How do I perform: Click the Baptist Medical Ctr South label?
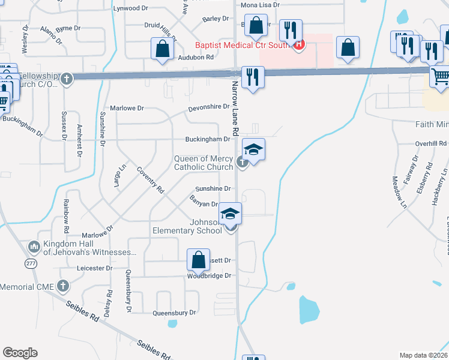point(242,44)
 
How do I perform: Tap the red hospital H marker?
point(299,44)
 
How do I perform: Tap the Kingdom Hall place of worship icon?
point(34,246)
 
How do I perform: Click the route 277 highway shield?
point(31,263)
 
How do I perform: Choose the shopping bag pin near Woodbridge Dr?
point(198,260)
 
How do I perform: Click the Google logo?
point(20,352)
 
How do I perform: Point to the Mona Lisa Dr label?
point(260,5)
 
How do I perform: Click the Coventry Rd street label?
point(150,179)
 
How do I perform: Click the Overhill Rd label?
point(431,144)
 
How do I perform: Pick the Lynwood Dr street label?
point(130,8)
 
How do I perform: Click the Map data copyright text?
point(424,355)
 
